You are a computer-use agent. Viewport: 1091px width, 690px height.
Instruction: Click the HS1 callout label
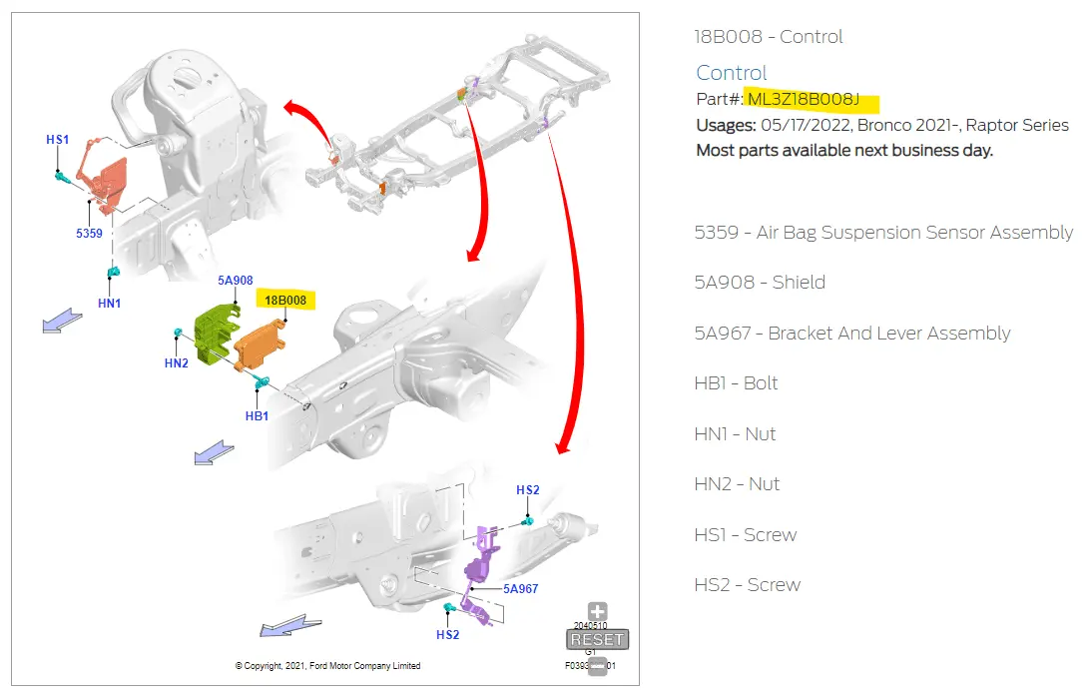[x=57, y=140]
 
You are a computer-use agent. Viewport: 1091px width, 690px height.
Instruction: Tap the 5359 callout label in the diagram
[x=89, y=233]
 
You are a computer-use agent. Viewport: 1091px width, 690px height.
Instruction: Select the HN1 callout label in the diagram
[x=109, y=303]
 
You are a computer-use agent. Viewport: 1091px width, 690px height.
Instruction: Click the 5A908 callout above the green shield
[x=236, y=282]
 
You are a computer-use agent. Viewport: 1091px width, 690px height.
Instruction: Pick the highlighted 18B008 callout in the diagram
[x=285, y=300]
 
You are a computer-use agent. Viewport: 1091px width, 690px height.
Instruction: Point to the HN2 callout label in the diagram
[x=177, y=363]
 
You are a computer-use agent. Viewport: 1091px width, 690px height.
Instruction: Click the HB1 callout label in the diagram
[x=257, y=415]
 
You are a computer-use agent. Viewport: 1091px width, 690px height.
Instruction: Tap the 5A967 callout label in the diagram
[x=520, y=589]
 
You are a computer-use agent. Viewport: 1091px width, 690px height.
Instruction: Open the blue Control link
[x=731, y=73]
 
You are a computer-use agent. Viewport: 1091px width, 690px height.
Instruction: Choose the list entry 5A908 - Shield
[x=760, y=283]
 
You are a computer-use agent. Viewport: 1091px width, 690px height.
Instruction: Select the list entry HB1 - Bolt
[x=736, y=383]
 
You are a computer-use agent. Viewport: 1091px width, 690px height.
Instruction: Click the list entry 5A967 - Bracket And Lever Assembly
[x=852, y=334]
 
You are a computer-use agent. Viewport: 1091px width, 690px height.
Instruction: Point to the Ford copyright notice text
[x=327, y=666]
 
